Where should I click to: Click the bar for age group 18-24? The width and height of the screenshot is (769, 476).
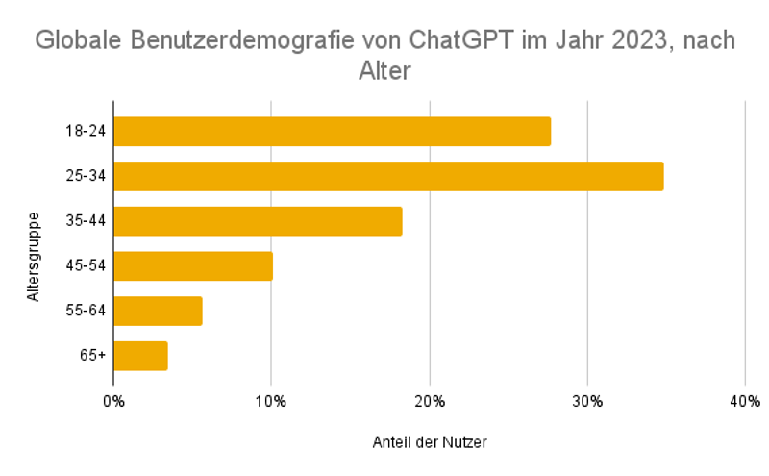[332, 131]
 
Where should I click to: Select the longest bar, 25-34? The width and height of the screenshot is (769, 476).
[388, 176]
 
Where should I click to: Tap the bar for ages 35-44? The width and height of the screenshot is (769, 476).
[258, 221]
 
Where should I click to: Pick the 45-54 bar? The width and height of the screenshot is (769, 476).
[193, 266]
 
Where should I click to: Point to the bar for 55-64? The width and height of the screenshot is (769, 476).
[158, 311]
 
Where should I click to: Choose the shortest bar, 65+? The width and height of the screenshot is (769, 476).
[140, 356]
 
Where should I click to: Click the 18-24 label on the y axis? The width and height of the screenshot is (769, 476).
[85, 131]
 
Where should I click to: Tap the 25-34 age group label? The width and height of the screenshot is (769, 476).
[85, 176]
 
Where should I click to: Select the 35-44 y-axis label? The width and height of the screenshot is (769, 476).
[85, 221]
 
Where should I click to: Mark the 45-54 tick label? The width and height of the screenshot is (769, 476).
[85, 266]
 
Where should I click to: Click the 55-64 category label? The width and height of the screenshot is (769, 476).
[85, 311]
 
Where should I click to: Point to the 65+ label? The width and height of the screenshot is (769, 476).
[92, 356]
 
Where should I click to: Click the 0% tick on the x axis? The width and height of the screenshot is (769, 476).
[113, 400]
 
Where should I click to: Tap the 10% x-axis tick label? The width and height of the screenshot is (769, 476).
[271, 400]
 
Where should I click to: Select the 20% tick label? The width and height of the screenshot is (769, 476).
[430, 400]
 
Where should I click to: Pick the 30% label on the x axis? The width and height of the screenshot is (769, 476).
[587, 400]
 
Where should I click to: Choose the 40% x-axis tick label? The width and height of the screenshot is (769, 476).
[745, 400]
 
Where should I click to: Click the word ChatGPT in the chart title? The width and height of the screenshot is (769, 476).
[460, 41]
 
